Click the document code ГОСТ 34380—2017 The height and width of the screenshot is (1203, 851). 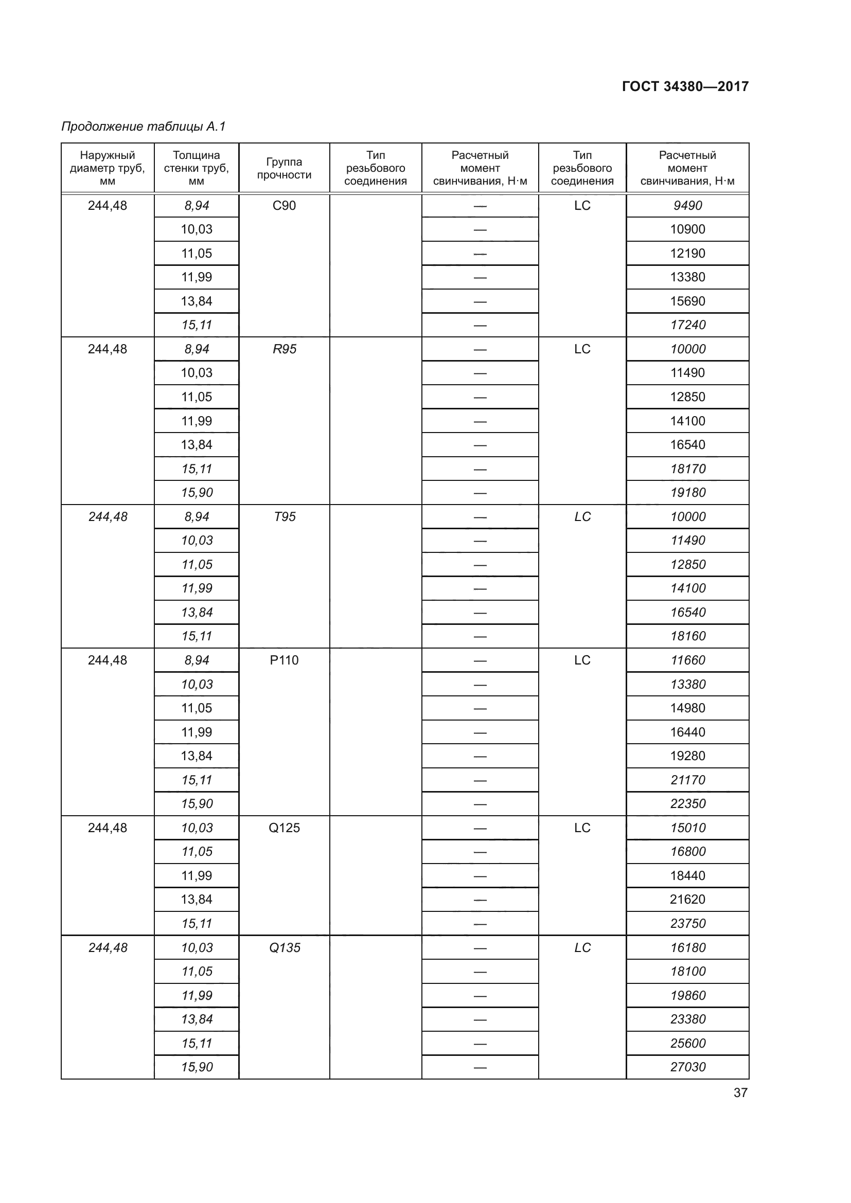tap(685, 86)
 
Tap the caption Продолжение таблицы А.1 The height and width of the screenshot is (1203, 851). tap(143, 127)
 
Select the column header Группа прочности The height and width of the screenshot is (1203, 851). tap(284, 168)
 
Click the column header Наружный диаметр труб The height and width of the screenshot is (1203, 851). tap(108, 168)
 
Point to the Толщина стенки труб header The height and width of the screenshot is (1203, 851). tap(197, 168)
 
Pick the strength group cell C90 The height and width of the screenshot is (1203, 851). tap(284, 205)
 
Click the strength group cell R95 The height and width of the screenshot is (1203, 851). tap(284, 349)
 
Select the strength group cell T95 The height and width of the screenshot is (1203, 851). tap(284, 516)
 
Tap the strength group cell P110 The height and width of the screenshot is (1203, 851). tap(284, 660)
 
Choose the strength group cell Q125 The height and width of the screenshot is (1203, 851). tap(284, 828)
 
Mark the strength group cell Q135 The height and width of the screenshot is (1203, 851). tap(284, 947)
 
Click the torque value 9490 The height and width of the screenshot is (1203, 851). tap(687, 205)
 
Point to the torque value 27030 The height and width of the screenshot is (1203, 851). tap(687, 1067)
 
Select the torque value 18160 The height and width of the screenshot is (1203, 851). tap(687, 636)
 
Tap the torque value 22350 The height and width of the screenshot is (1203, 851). tap(687, 804)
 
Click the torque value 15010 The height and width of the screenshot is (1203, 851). tap(687, 828)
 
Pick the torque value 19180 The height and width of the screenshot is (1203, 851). tap(687, 493)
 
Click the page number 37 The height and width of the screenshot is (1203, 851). tap(740, 1092)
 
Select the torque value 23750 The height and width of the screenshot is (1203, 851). tap(687, 923)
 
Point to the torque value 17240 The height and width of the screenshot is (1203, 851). tap(687, 325)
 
